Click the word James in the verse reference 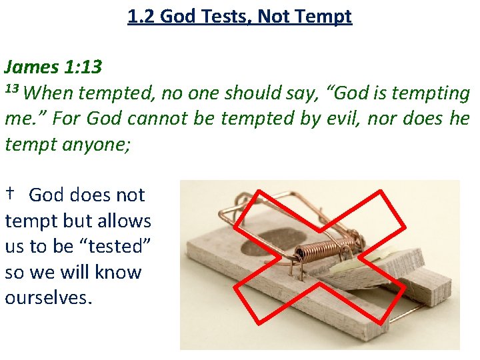click(32, 67)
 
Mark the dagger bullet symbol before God click(11, 194)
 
